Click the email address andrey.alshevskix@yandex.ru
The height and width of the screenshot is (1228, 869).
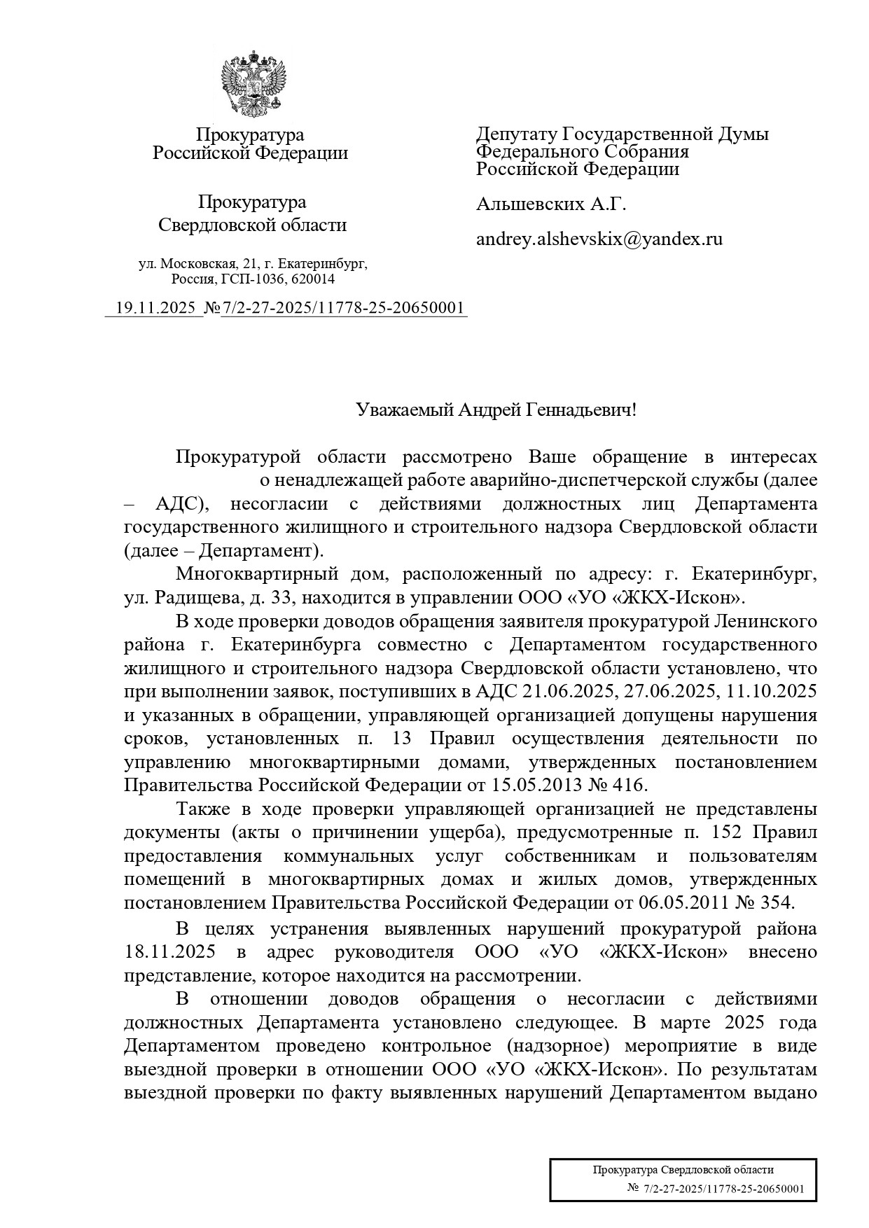599,239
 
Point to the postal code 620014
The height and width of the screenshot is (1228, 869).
314,279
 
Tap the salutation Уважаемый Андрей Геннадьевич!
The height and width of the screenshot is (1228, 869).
496,410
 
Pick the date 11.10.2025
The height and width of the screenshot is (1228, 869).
772,692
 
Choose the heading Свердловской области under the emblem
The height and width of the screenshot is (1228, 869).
252,225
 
